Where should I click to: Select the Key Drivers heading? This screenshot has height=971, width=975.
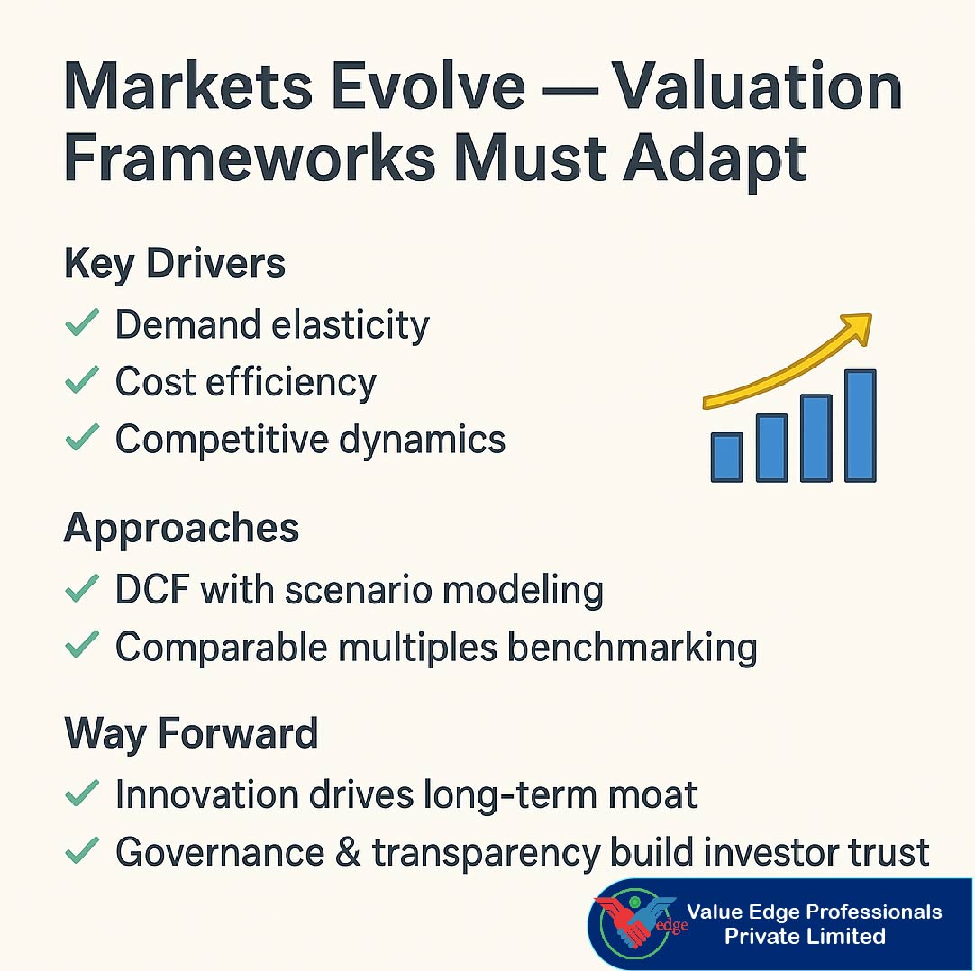tap(175, 265)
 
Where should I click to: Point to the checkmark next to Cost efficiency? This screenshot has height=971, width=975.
tap(82, 382)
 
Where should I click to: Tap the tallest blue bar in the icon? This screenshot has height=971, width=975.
tap(860, 425)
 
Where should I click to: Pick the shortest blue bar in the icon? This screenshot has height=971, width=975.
tap(726, 457)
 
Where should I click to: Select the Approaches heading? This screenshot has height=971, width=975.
tap(181, 528)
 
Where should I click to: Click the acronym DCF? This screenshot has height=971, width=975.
tap(150, 590)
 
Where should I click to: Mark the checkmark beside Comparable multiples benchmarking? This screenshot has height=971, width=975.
tap(82, 647)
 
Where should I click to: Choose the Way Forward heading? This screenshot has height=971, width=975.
tap(191, 734)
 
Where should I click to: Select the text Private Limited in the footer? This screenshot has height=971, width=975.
tap(805, 937)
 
